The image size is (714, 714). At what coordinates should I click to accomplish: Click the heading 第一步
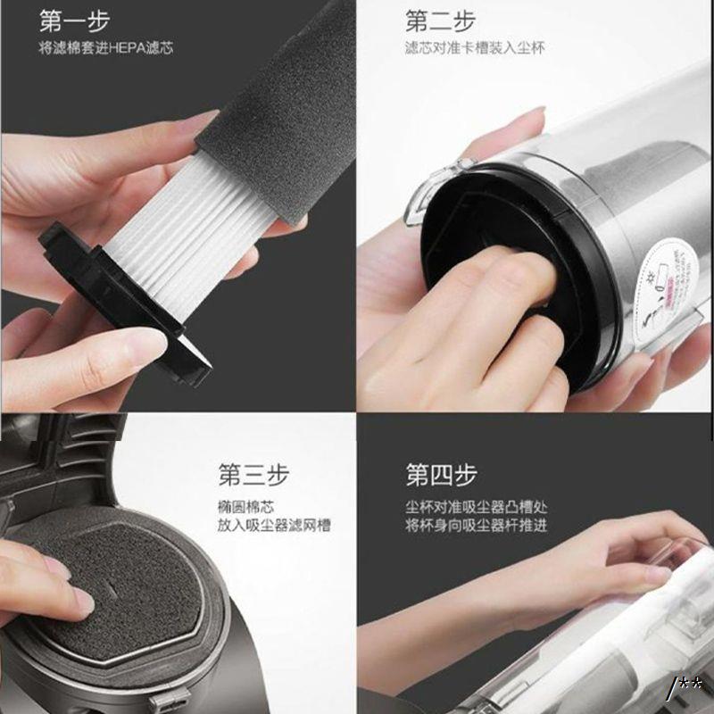coord(74,21)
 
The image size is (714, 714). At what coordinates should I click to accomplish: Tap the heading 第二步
coord(440,21)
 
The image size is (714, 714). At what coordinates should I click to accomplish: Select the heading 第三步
coord(253,475)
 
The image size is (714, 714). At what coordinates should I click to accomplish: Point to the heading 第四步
coord(441,475)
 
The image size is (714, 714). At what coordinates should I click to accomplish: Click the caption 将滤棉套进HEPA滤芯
coord(106,48)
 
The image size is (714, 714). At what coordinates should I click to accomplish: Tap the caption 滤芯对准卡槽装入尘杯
coord(475,48)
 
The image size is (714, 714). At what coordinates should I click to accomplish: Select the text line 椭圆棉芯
coord(246,507)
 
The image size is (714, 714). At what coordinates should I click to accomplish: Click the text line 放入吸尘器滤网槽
coord(274,525)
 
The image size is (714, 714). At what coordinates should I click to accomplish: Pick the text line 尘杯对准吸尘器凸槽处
coord(477,507)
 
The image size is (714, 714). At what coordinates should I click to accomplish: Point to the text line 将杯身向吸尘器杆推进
coord(477,525)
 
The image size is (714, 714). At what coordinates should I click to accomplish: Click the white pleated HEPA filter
coord(182,228)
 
